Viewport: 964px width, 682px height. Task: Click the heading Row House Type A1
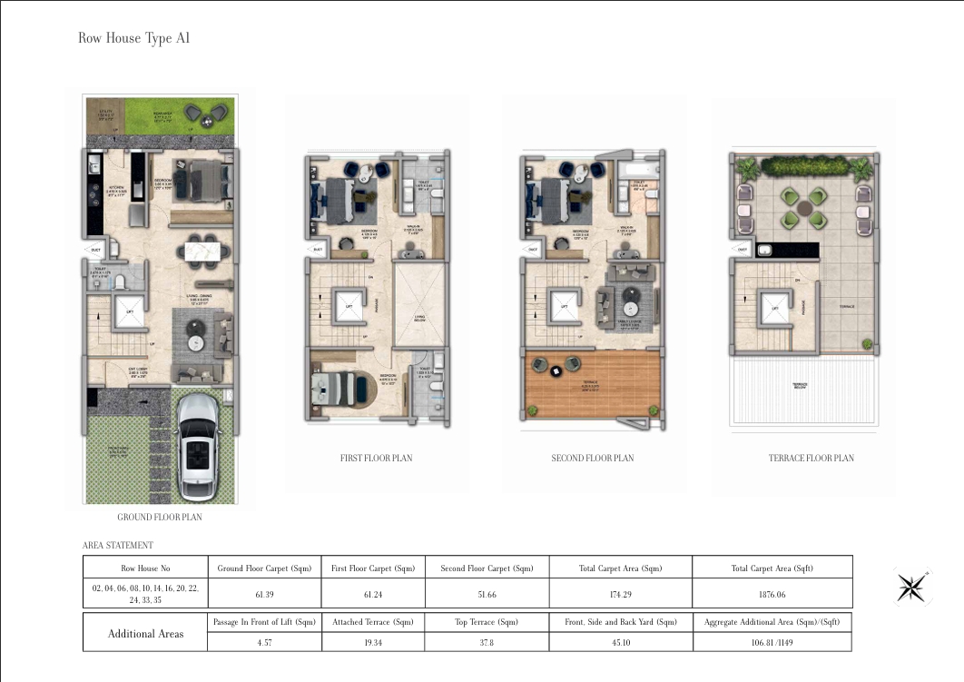coord(133,38)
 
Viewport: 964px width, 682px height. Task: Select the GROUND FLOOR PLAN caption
coord(160,517)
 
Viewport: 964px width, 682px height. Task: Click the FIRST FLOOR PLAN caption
coord(376,458)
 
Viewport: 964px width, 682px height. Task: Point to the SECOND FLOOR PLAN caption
coord(593,458)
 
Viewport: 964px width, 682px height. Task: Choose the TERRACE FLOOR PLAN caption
coord(811,458)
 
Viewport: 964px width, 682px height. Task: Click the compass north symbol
coord(910,586)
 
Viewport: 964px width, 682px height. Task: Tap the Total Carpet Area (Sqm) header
coord(620,568)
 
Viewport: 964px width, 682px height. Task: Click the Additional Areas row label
coord(144,633)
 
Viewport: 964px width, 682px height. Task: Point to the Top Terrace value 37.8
coord(487,641)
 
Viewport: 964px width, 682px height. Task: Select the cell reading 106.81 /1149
coord(772,641)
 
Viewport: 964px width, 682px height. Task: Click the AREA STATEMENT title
coord(118,545)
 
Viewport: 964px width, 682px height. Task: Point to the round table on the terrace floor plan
coord(804,208)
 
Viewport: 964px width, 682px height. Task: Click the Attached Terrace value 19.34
coord(375,641)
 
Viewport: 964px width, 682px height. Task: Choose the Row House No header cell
coord(145,568)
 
